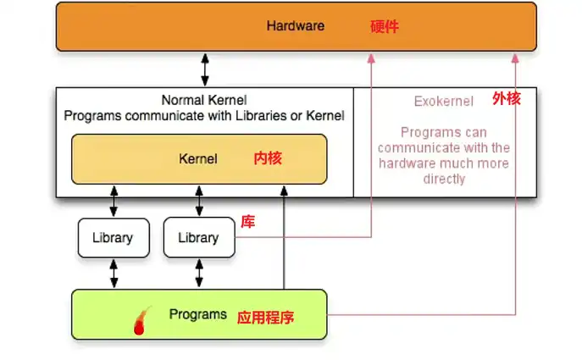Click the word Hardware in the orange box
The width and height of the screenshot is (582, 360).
[295, 25]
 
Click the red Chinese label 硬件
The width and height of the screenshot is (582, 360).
[384, 26]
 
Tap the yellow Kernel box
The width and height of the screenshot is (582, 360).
[198, 158]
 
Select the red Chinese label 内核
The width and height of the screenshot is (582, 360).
[267, 158]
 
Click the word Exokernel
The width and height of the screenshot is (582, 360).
[443, 102]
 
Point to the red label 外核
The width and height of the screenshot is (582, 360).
[506, 99]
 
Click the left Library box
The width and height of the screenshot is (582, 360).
[113, 238]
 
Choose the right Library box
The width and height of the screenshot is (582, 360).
[198, 238]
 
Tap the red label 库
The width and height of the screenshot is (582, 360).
[247, 222]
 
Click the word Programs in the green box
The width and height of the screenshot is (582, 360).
[197, 314]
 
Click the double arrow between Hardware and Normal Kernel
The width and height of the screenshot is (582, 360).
[204, 69]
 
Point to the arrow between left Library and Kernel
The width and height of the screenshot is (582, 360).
[114, 201]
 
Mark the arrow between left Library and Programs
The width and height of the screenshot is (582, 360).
[114, 273]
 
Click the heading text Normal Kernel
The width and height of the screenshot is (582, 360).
[203, 100]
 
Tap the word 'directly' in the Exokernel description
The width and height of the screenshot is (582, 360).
[444, 179]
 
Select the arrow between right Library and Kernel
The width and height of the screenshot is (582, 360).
[199, 201]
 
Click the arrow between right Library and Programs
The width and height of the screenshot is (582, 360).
[199, 273]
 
